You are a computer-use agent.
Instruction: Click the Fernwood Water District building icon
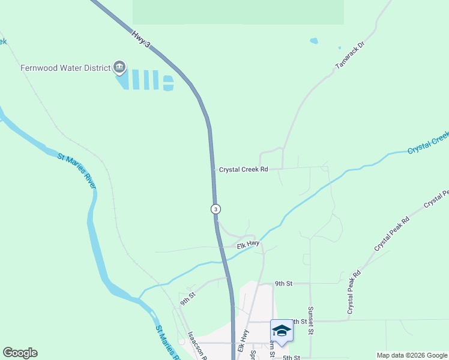[x=119, y=67]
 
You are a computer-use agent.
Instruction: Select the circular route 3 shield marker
[x=215, y=209]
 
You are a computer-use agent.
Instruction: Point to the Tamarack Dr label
[x=350, y=54]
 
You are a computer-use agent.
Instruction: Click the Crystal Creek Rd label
[x=243, y=170]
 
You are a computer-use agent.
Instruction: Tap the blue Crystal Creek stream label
[x=428, y=143]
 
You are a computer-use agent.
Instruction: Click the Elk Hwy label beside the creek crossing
[x=247, y=245]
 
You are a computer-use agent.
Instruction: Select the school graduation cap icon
[x=282, y=330]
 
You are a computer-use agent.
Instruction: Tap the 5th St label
[x=291, y=358]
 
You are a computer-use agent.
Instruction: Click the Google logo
[x=20, y=353]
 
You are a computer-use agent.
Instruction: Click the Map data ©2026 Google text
[x=411, y=355]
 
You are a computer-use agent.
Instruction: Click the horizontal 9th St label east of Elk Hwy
[x=283, y=283]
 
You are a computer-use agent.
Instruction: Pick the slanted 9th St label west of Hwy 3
[x=187, y=296]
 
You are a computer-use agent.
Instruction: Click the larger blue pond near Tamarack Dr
[x=313, y=41]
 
